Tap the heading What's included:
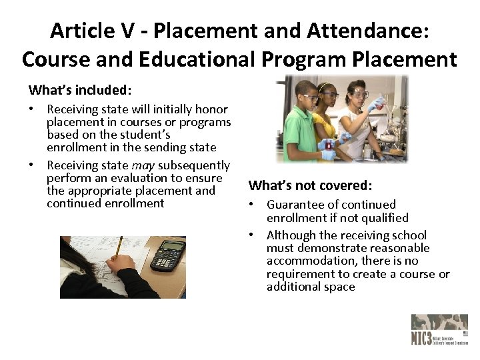79,89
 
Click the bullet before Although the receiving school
253,235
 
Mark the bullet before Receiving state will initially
33,109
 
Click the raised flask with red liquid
378,103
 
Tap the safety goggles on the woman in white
359,94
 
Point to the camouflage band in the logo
439,321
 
